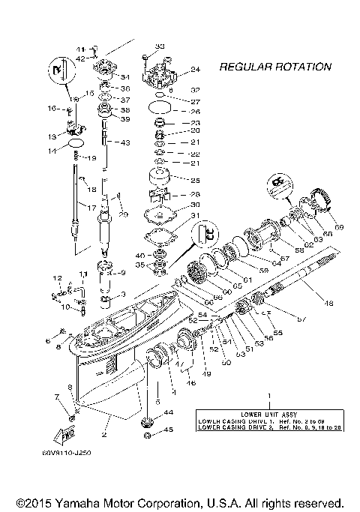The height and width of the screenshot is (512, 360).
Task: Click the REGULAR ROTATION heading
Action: tap(274, 67)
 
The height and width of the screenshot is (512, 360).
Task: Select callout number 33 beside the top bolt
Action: tap(159, 47)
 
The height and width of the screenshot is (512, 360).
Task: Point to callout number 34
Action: tap(124, 76)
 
